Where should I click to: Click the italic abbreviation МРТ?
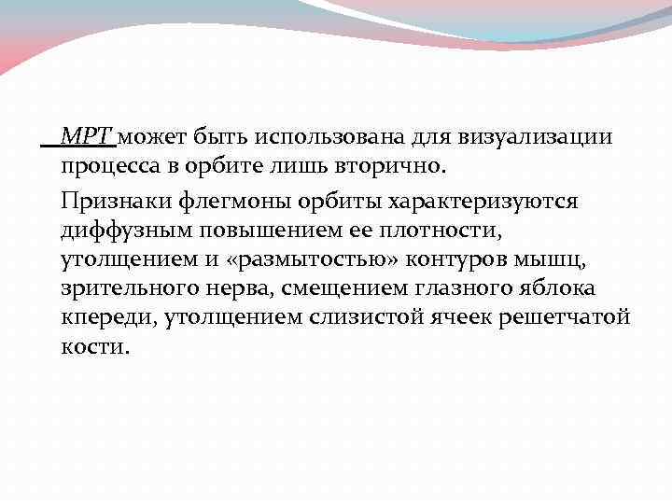tap(87, 138)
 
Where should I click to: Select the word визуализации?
tap(535, 138)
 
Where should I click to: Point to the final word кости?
tap(96, 347)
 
